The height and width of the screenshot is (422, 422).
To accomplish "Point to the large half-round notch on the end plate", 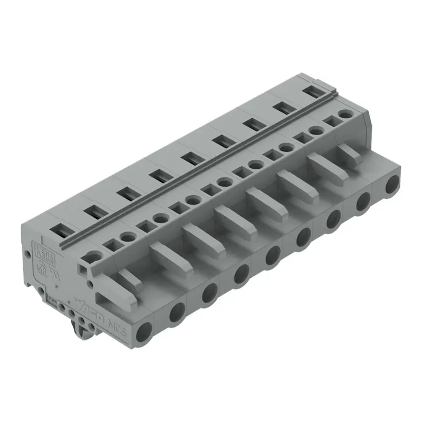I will (x=93, y=257).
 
